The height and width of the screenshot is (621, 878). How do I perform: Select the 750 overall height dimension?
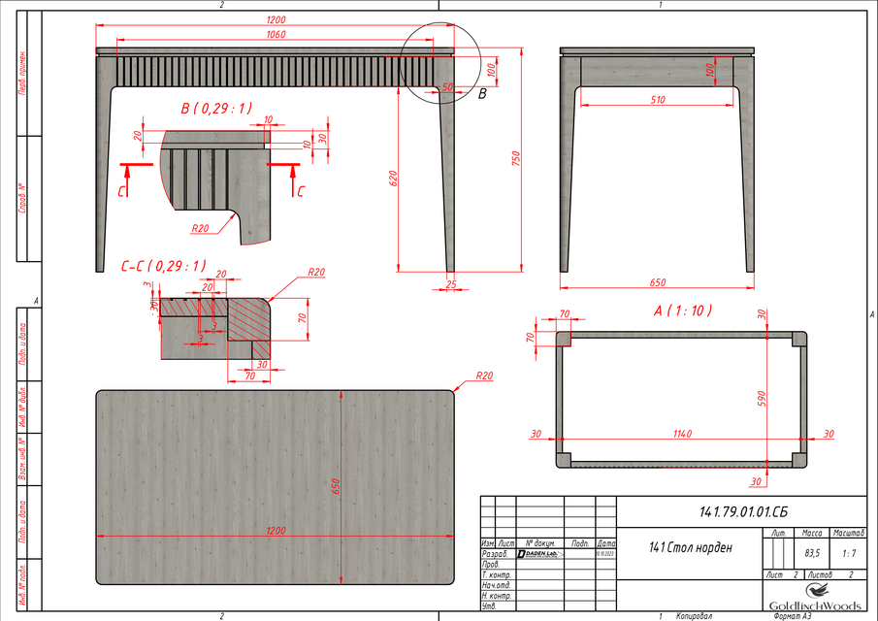pyautogui.click(x=518, y=158)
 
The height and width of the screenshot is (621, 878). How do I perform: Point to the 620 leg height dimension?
pyautogui.click(x=394, y=179)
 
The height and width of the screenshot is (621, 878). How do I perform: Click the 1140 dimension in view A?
pyautogui.click(x=680, y=434)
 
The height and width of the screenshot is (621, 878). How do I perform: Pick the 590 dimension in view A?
pyautogui.click(x=763, y=398)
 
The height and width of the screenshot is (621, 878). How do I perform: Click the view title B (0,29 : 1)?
pyautogui.click(x=215, y=108)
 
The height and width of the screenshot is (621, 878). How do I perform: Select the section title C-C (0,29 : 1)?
pyautogui.click(x=163, y=266)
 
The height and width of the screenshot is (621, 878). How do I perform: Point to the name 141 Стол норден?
pyautogui.click(x=691, y=547)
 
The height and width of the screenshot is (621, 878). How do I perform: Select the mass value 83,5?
pyautogui.click(x=812, y=553)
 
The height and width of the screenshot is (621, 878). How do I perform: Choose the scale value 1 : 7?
pyautogui.click(x=849, y=553)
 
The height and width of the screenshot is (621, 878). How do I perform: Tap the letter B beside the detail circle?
pyautogui.click(x=482, y=93)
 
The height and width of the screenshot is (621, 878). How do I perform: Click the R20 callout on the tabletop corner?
pyautogui.click(x=484, y=375)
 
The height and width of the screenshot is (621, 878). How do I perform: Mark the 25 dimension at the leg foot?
pyautogui.click(x=451, y=283)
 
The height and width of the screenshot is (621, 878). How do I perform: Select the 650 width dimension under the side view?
pyautogui.click(x=657, y=282)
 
